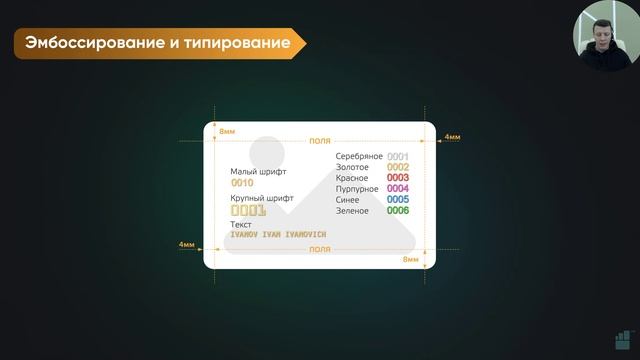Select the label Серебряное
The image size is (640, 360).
[x=359, y=157]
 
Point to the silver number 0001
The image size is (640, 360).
[x=397, y=157]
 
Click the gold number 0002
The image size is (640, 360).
[x=397, y=167]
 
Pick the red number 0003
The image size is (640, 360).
[x=397, y=178]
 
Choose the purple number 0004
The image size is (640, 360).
[x=397, y=189]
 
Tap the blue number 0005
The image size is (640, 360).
[x=397, y=200]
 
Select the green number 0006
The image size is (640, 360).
[x=397, y=211]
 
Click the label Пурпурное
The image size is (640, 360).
[x=357, y=189]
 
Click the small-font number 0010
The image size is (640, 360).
[x=242, y=184]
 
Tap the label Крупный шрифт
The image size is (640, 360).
[x=261, y=198]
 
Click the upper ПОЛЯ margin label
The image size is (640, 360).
[x=320, y=141]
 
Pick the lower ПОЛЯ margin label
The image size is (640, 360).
[x=320, y=249]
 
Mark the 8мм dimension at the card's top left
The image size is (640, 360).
[x=227, y=132]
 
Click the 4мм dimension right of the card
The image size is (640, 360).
[x=452, y=137]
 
